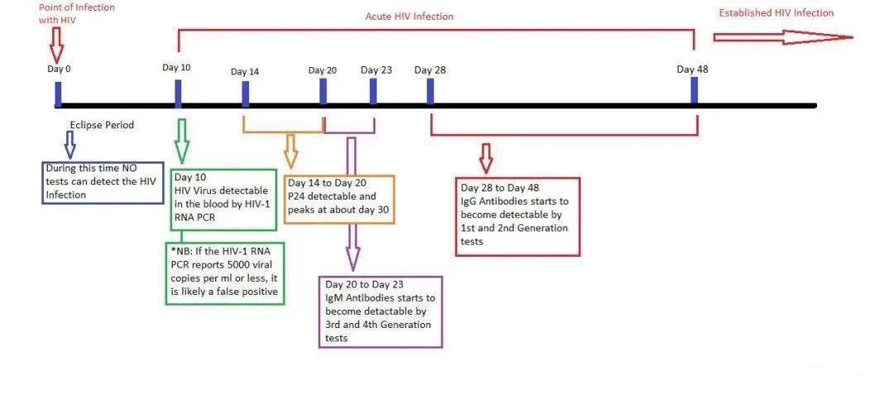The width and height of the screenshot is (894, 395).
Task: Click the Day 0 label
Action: point(60,69)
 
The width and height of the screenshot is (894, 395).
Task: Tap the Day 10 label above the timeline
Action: point(177,67)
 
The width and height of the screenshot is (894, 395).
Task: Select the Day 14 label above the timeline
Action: point(245,72)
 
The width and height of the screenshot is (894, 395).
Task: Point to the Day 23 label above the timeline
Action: point(377,70)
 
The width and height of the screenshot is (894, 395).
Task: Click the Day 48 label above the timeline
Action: point(693,70)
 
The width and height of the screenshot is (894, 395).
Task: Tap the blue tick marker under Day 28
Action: point(430,92)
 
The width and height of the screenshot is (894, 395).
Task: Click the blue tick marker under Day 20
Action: point(324,92)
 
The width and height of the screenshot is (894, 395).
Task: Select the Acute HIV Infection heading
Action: point(410,17)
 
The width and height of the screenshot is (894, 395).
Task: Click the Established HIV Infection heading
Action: point(776,13)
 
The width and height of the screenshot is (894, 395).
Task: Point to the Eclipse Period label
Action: point(102,125)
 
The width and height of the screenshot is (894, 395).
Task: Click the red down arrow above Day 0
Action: point(56,45)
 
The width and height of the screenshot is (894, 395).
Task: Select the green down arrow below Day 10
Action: point(182,142)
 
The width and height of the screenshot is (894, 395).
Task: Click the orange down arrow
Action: point(291,151)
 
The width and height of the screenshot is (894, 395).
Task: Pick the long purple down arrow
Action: point(352,204)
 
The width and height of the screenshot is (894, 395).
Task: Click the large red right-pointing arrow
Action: point(783,37)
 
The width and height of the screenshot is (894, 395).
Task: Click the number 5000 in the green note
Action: point(243,265)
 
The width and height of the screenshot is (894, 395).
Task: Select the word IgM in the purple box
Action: point(335,297)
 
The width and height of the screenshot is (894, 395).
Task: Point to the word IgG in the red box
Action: point(470,201)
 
